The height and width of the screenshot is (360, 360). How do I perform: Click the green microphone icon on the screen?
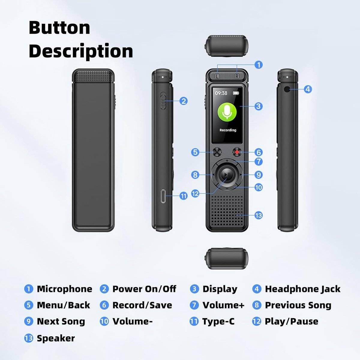tap(227, 112)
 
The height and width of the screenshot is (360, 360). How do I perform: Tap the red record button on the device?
tap(237, 152)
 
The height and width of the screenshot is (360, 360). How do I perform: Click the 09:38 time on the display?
tap(221, 93)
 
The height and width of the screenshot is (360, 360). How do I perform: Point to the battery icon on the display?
tap(236, 93)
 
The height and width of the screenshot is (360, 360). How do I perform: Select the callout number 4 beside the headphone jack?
tap(308, 89)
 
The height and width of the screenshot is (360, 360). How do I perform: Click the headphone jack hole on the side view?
tap(286, 89)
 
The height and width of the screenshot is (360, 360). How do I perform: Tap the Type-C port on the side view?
tap(163, 196)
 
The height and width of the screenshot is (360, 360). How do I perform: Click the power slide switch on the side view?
tap(163, 101)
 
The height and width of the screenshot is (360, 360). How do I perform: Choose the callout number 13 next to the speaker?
tap(259, 215)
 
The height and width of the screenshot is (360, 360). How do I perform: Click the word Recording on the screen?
tap(228, 130)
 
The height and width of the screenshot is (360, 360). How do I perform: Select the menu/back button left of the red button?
tap(217, 152)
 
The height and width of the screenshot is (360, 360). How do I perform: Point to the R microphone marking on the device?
tap(237, 76)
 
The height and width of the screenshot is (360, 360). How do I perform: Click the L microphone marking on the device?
tap(217, 76)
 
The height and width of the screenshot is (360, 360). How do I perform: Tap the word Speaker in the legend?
tap(56, 338)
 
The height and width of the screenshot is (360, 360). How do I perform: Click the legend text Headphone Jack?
tap(303, 289)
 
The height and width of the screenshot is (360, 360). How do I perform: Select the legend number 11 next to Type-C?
tap(194, 321)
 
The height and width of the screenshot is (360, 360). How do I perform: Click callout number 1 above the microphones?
tap(259, 65)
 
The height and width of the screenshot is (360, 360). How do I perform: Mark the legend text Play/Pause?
tap(291, 321)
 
